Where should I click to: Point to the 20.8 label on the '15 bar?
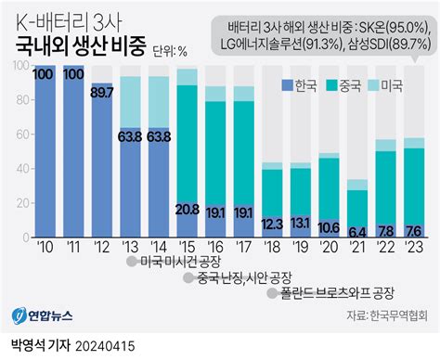pyautogui.click(x=187, y=210)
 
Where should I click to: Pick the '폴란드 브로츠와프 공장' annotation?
pyautogui.click(x=337, y=293)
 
